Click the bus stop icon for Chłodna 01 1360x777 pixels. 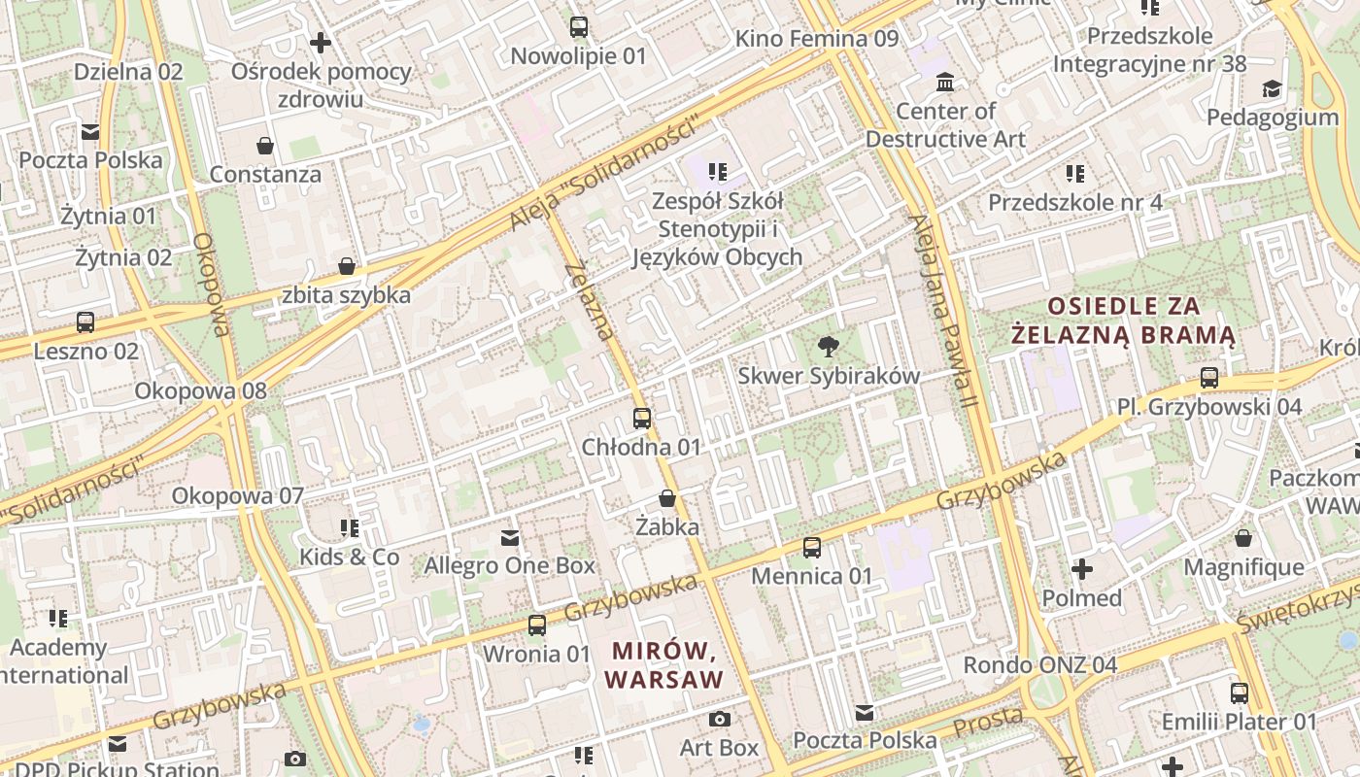click(x=642, y=419)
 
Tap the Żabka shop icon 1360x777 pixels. click(x=667, y=499)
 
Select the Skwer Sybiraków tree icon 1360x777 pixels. click(x=829, y=347)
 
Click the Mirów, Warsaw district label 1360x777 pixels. click(x=664, y=664)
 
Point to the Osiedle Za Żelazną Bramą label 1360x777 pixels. click(x=1123, y=321)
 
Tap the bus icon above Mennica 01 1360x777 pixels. click(x=812, y=548)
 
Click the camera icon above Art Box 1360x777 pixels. click(x=720, y=720)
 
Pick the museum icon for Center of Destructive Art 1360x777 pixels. click(x=945, y=83)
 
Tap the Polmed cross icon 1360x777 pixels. click(x=1082, y=569)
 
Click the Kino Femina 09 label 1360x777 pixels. click(x=817, y=39)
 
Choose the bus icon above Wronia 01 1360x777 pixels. click(x=537, y=625)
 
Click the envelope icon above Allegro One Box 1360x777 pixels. click(x=510, y=537)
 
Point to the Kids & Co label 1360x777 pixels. click(x=349, y=557)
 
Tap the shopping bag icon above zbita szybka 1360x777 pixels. click(x=347, y=266)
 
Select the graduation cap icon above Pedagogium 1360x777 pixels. click(x=1272, y=89)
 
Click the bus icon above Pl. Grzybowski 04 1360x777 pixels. click(x=1209, y=378)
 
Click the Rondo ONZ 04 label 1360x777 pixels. click(x=1039, y=665)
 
